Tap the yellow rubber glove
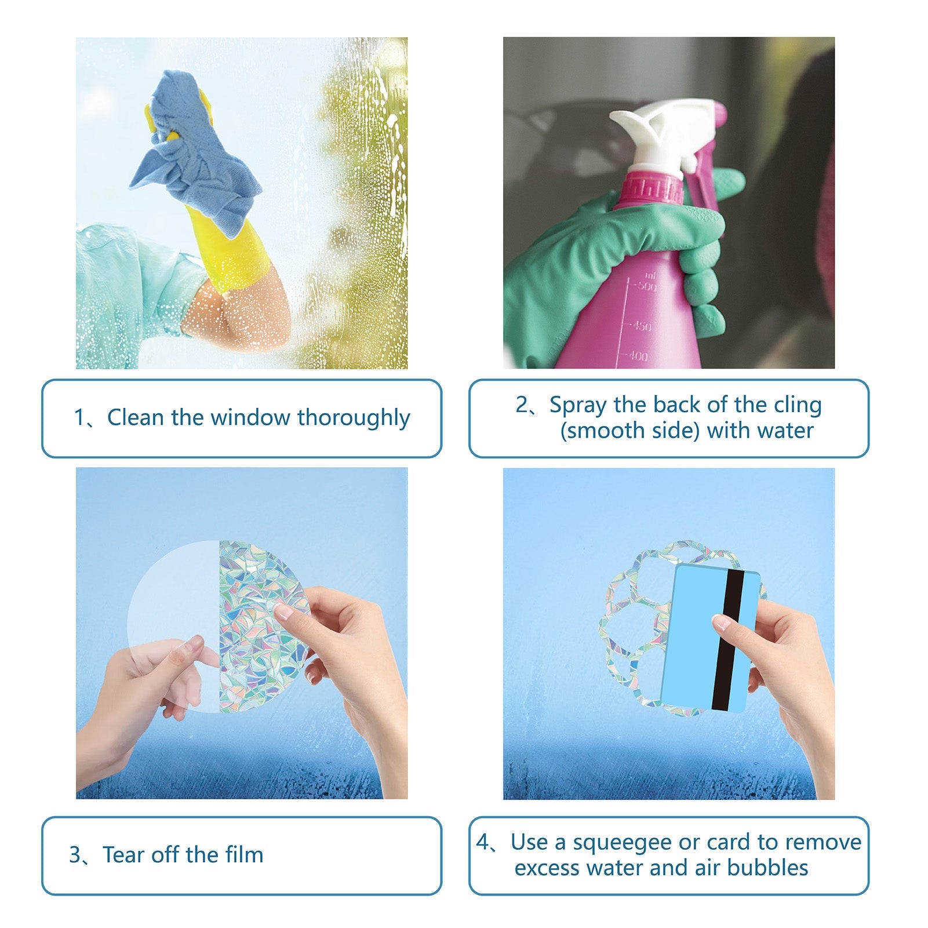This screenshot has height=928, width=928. pos(232,249)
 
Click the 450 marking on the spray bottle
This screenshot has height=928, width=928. pos(641,326)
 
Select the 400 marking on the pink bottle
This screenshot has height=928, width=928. pos(638,356)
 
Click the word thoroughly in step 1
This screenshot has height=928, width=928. pos(354,418)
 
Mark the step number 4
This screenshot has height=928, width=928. pos(483,843)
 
